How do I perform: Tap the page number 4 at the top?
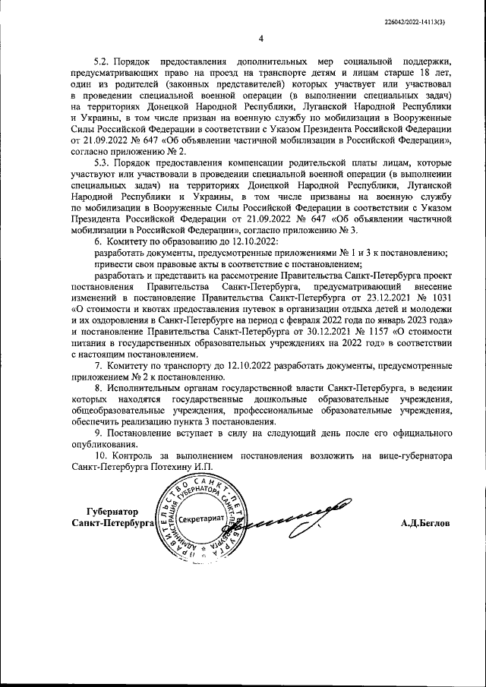[x=260, y=39]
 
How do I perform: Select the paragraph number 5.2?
[x=102, y=60]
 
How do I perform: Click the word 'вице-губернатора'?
[x=412, y=455]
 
